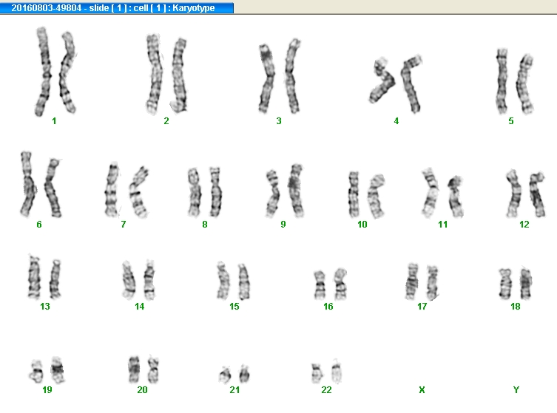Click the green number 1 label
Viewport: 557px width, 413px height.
(54, 121)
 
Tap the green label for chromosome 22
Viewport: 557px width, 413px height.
(326, 389)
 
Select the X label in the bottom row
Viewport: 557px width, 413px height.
(422, 389)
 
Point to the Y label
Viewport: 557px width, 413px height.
(516, 389)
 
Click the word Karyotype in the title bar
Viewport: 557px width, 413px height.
(194, 8)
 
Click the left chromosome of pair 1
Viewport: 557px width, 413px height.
(44, 71)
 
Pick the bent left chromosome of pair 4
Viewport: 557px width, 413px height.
(382, 81)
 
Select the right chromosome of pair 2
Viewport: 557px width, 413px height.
(179, 75)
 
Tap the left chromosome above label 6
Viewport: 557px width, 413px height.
(27, 184)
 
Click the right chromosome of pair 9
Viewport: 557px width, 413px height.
(296, 190)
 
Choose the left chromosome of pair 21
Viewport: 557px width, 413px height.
(225, 375)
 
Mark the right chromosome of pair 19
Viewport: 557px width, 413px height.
(58, 369)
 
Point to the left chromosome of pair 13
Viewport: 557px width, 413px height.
(34, 277)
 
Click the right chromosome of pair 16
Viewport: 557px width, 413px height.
(341, 284)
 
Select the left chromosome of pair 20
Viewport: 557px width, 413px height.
(134, 369)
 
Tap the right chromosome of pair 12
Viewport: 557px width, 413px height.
(537, 194)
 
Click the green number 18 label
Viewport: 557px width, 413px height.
(515, 306)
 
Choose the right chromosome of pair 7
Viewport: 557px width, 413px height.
(138, 191)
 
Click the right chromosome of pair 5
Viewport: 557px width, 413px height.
(525, 83)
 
